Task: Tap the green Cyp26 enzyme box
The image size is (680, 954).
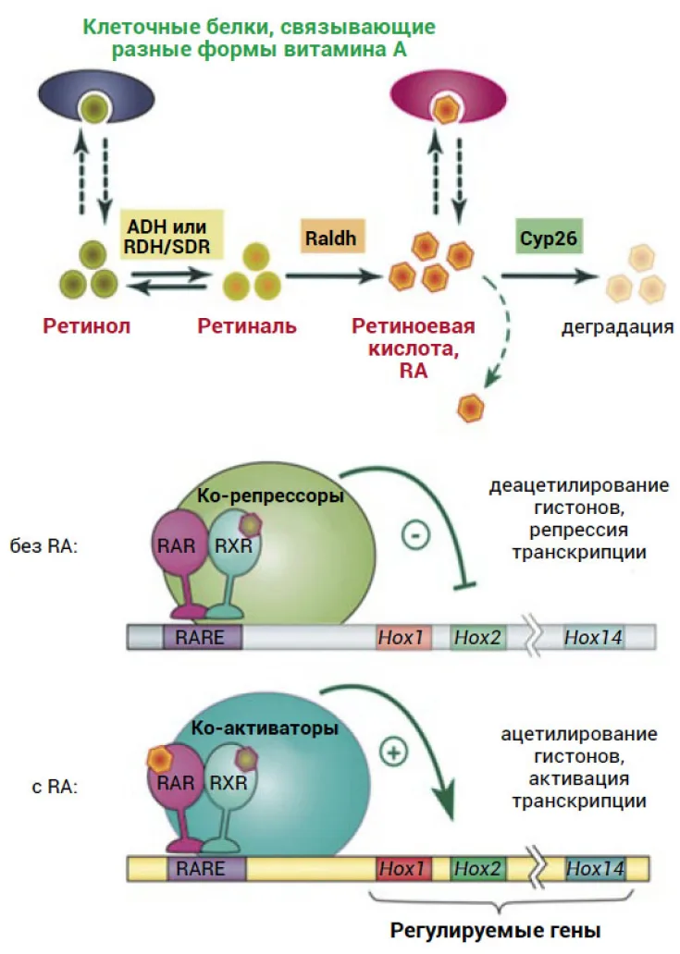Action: [549, 237]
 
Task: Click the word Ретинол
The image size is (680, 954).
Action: [86, 326]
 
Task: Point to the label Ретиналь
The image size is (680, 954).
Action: [246, 326]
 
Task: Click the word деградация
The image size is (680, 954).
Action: [617, 327]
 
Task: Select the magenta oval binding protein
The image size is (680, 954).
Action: [448, 99]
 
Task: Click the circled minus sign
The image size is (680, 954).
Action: [416, 535]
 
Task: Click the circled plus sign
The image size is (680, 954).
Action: [393, 752]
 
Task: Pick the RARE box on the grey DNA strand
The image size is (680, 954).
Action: [202, 638]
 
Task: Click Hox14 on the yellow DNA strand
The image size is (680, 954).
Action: [596, 868]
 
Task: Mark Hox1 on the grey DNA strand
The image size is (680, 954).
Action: [402, 637]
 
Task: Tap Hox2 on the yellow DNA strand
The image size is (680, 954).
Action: [478, 868]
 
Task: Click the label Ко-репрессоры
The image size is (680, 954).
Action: [270, 495]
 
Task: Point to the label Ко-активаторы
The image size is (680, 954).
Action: [265, 728]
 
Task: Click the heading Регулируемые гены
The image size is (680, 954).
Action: [496, 930]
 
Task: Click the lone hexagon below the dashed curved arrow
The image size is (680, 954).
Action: [471, 407]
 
